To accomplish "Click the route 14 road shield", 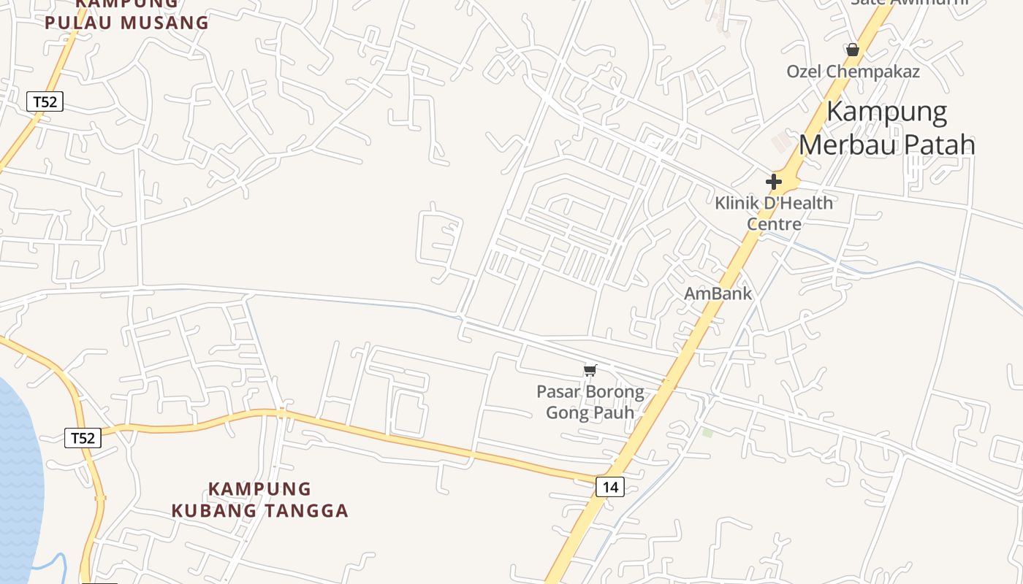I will point(610,486).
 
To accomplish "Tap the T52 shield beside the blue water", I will point(82,438).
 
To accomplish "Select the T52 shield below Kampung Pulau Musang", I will point(45,101).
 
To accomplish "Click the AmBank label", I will point(718,293).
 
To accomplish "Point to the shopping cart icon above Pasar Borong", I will point(590,370).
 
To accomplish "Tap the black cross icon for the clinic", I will point(774,181).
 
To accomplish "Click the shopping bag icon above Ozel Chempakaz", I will point(852,50).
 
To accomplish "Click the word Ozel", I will point(805,72).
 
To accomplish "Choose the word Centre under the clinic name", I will point(774,223).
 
